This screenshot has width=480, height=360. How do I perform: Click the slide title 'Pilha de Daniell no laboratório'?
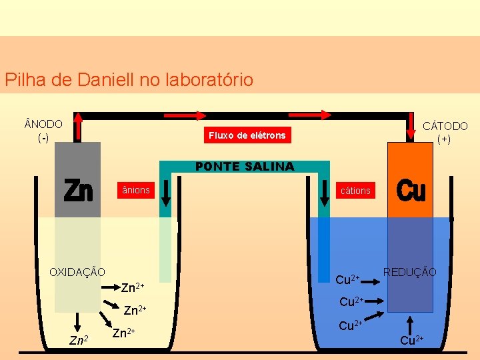[129, 80]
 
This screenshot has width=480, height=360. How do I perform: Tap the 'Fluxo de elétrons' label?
[247, 135]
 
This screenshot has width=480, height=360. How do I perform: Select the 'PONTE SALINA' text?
[244, 167]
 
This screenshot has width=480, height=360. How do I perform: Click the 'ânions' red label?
[135, 191]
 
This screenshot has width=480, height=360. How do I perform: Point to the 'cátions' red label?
[355, 191]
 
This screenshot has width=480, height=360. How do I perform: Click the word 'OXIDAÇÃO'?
[77, 272]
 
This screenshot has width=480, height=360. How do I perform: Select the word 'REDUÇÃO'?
[409, 272]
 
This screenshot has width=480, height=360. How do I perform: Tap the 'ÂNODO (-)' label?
[43, 131]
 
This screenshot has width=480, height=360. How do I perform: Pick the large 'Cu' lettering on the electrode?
[411, 191]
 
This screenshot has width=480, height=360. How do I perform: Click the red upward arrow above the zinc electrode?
[79, 127]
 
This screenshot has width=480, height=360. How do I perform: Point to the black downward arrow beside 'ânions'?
[166, 192]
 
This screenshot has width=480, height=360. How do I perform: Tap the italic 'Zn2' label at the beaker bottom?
[79, 341]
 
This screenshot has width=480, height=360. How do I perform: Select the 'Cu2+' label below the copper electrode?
[411, 341]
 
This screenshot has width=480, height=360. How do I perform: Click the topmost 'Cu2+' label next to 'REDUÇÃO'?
[347, 279]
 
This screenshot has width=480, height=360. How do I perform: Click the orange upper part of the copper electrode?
[411, 180]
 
